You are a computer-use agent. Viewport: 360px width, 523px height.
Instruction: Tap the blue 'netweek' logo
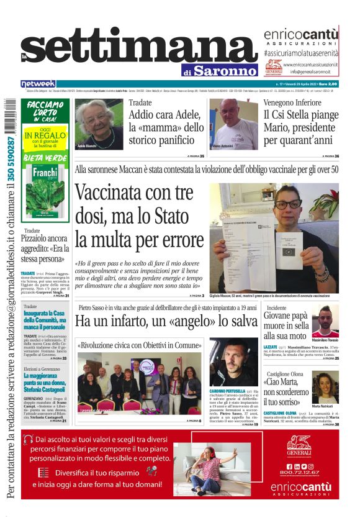(x=38, y=83)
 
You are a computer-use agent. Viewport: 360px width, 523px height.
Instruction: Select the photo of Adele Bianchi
(x=99, y=124)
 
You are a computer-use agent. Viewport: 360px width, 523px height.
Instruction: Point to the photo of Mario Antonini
(x=233, y=124)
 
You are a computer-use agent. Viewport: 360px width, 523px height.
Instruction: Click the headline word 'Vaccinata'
(x=115, y=194)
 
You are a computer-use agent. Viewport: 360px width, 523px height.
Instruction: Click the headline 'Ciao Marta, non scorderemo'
(x=286, y=387)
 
